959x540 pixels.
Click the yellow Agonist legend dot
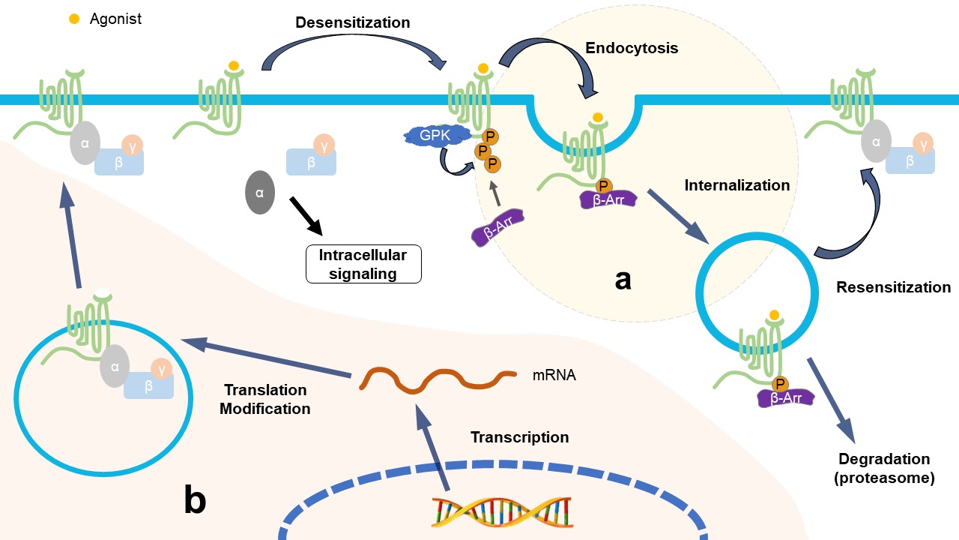click(74, 19)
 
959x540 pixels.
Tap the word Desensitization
click(352, 22)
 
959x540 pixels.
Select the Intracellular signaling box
click(363, 264)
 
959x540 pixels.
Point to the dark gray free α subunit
click(260, 193)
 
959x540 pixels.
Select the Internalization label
click(737, 185)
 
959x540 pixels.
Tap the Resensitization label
click(893, 287)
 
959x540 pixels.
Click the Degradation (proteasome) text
click(884, 468)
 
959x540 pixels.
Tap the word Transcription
click(519, 437)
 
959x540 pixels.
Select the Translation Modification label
click(265, 400)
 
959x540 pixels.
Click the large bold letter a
click(623, 279)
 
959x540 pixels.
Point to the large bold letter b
click(195, 501)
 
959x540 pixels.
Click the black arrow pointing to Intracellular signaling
click(306, 215)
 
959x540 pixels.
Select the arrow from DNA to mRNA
click(434, 450)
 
